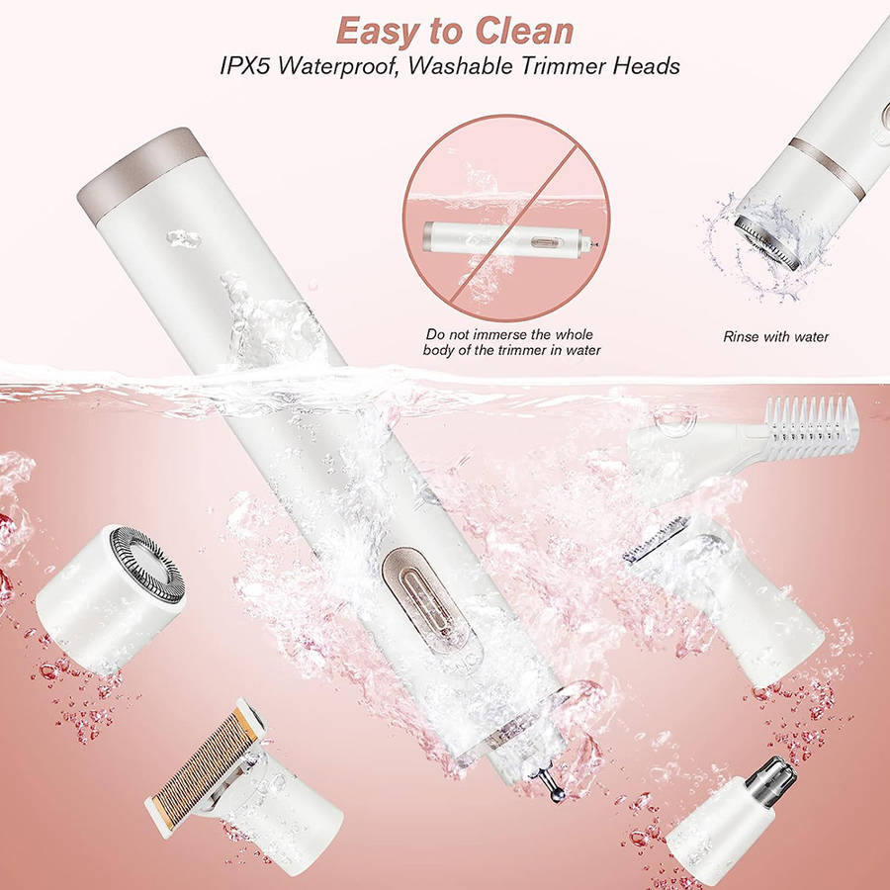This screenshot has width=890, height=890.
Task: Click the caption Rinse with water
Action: click(775, 336)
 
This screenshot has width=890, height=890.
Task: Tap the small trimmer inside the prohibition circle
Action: click(509, 240)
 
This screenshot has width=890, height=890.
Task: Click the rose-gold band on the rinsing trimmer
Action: click(827, 167)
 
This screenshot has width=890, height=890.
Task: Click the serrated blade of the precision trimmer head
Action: click(657, 540)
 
